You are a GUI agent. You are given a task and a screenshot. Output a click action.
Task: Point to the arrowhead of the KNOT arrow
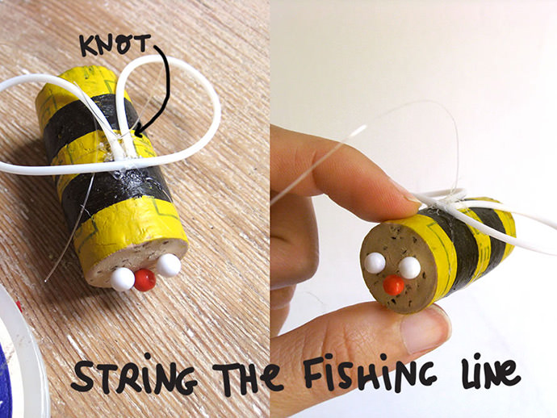click(x=139, y=132)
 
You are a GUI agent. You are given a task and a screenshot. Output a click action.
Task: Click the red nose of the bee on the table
click(x=144, y=279)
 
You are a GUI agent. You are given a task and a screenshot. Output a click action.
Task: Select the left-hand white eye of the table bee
click(x=122, y=279)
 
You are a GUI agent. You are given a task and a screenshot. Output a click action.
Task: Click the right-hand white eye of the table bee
click(x=170, y=265)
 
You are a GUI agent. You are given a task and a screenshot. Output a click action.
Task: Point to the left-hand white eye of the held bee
click(x=375, y=263)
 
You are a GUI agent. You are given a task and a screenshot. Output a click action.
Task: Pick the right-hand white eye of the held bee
click(x=409, y=268)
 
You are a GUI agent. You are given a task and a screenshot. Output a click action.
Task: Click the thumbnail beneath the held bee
click(x=424, y=328)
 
